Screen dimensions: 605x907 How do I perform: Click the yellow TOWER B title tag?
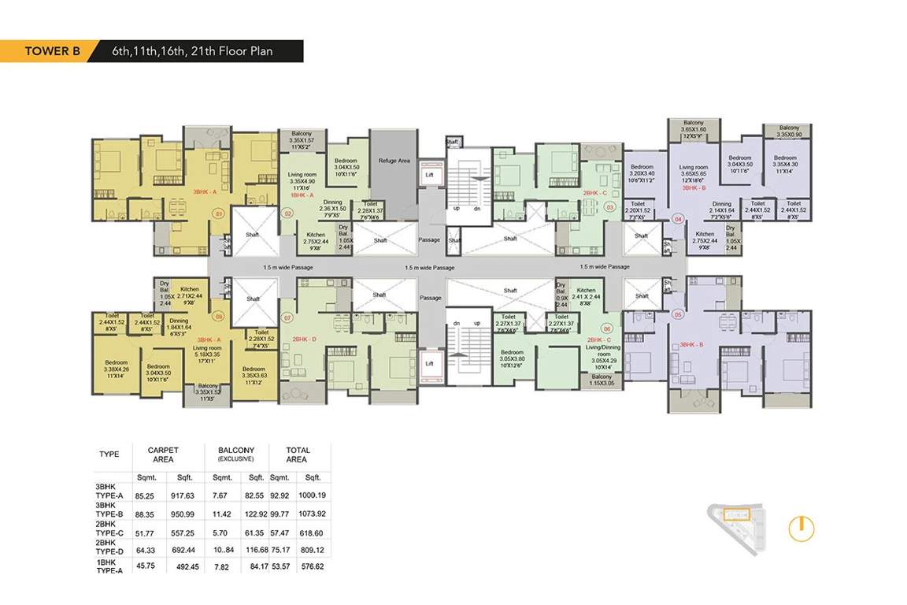[x=49, y=52]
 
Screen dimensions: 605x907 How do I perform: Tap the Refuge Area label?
[x=394, y=161]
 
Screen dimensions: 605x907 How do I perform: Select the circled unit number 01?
[x=220, y=212]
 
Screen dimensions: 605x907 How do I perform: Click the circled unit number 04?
[x=679, y=220]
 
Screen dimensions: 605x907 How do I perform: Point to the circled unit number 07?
[x=287, y=318]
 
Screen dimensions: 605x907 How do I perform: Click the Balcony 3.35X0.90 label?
[x=788, y=132]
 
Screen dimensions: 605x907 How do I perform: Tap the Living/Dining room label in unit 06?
[x=605, y=356]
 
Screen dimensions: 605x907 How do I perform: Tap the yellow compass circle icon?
[x=801, y=528]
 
